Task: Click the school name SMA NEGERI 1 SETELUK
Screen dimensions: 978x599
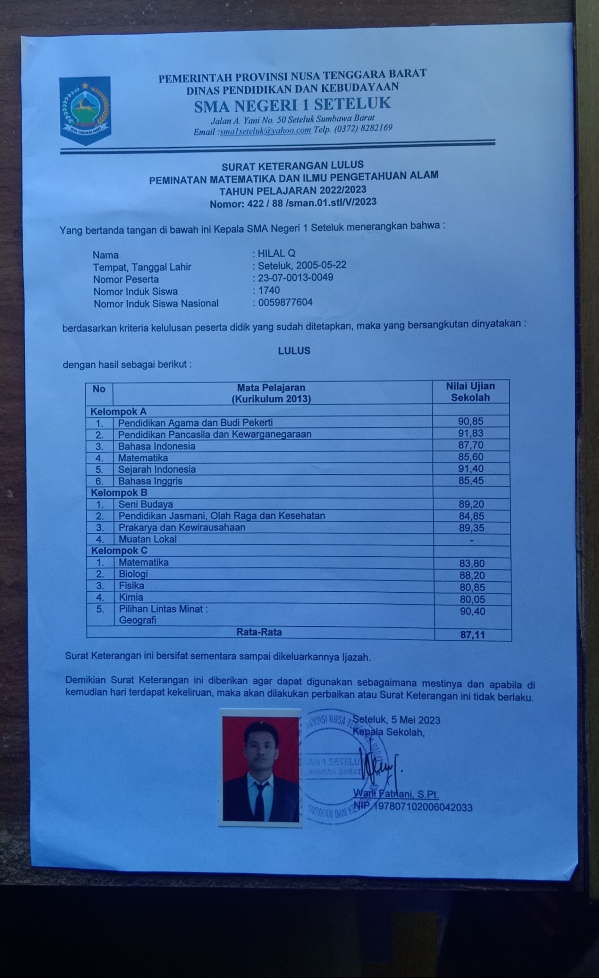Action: (x=292, y=104)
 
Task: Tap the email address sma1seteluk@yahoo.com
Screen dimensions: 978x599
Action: (x=266, y=131)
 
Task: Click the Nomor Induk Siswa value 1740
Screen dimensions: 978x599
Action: (x=269, y=290)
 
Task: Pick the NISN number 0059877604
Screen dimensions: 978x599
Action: (x=285, y=303)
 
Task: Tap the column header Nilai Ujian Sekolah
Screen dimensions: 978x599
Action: (x=470, y=392)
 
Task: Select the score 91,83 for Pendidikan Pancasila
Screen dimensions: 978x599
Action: (x=471, y=433)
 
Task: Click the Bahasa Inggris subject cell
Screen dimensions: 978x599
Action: (x=150, y=481)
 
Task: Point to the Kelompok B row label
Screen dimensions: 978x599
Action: (x=119, y=493)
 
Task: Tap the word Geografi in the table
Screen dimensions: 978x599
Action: (x=138, y=620)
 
